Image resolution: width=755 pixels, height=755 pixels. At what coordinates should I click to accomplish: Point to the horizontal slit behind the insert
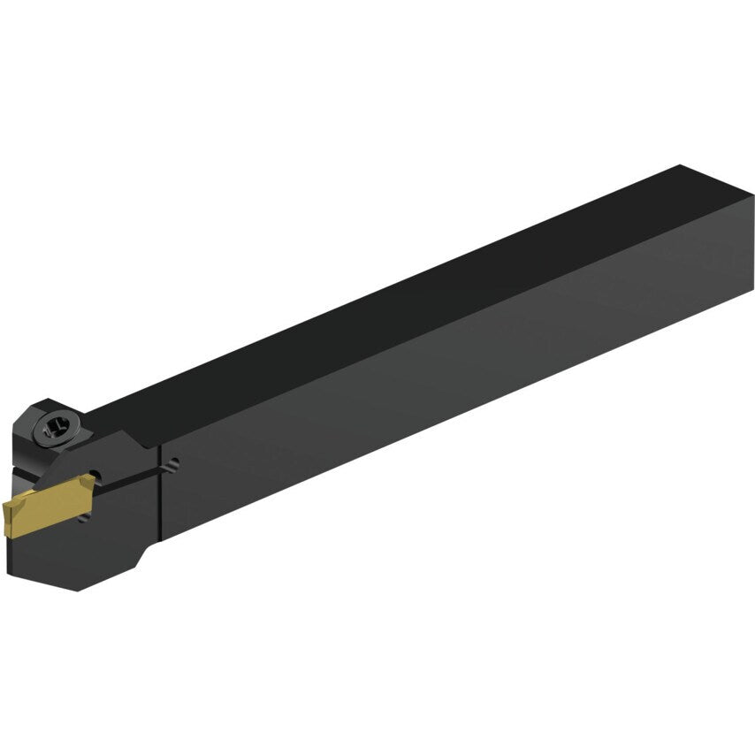[133, 472]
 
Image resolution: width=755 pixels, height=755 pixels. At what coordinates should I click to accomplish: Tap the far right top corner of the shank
[681, 165]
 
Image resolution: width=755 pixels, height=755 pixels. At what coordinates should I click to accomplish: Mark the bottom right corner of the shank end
[752, 292]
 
